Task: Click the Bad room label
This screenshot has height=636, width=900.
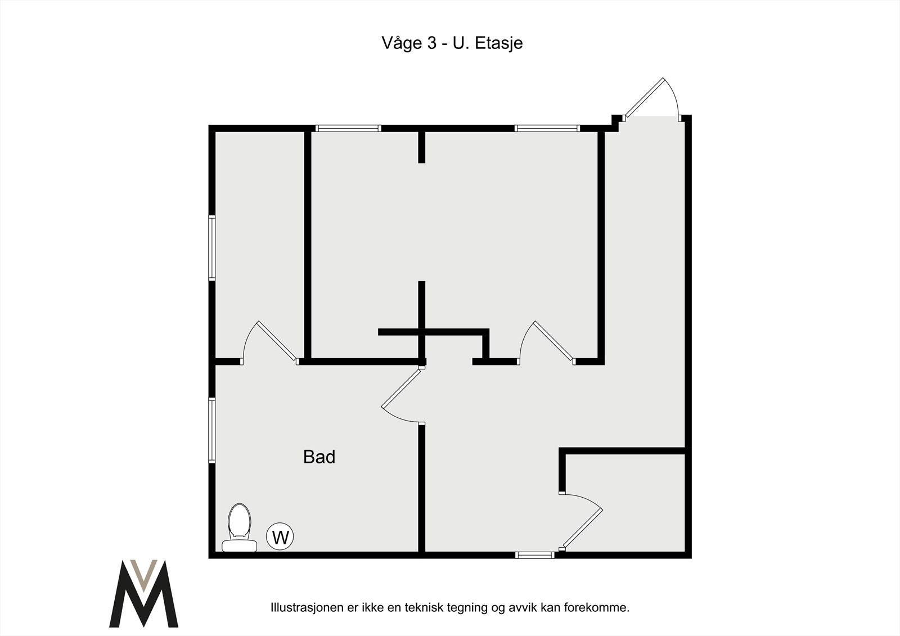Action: (319, 457)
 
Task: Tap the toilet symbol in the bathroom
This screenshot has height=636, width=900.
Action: (239, 528)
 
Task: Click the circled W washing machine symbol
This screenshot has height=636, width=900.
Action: (280, 537)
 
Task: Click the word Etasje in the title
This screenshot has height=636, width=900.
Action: (499, 43)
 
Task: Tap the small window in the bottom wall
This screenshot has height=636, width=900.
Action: (534, 555)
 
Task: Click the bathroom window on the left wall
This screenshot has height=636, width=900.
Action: (212, 430)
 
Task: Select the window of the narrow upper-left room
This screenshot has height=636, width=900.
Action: (212, 248)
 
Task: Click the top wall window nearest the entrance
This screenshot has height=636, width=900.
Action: (547, 129)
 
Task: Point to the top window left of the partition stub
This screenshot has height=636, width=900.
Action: (348, 129)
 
